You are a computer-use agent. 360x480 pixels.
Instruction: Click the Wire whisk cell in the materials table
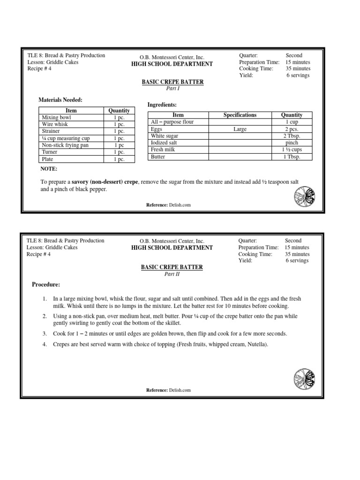pyautogui.click(x=53, y=125)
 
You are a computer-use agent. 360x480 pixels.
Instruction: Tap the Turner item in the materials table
pyautogui.click(x=50, y=152)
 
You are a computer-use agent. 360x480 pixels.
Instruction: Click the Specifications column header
pyautogui.click(x=240, y=115)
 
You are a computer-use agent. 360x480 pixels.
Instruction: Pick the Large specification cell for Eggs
pyautogui.click(x=240, y=129)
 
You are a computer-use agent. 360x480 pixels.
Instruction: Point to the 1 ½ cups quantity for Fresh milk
pyautogui.click(x=292, y=150)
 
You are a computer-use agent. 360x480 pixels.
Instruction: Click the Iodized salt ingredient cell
pyautogui.click(x=165, y=143)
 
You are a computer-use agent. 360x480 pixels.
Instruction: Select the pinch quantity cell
pyautogui.click(x=292, y=143)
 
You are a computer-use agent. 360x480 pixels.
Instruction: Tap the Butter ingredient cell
pyautogui.click(x=158, y=157)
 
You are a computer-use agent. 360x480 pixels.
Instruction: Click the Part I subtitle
pyautogui.click(x=173, y=89)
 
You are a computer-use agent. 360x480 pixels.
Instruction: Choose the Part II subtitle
pyautogui.click(x=172, y=274)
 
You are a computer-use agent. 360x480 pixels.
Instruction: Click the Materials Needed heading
pyautogui.click(x=60, y=100)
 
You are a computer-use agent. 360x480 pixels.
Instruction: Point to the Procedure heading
pyautogui.click(x=45, y=285)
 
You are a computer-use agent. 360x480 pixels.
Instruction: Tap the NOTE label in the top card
pyautogui.click(x=49, y=169)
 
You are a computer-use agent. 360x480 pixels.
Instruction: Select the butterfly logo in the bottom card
pyautogui.click(x=304, y=378)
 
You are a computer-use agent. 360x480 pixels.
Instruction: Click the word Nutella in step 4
pyautogui.click(x=257, y=345)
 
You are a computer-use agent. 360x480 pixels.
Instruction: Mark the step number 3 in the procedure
pyautogui.click(x=44, y=333)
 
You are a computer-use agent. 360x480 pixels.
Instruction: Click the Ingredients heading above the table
pyautogui.click(x=162, y=105)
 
